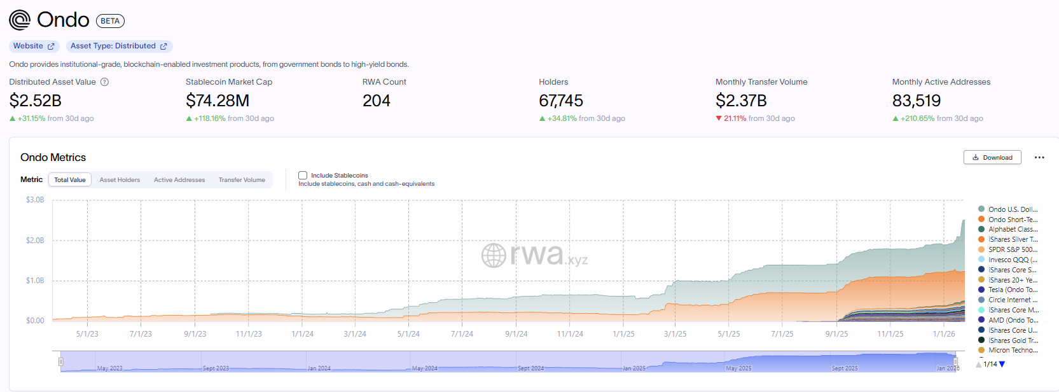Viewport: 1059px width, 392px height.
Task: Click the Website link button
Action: pos(34,46)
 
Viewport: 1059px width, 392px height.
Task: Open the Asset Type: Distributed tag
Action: pos(119,46)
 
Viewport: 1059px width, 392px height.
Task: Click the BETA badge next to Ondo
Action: pos(110,21)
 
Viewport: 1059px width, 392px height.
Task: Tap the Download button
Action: pos(992,157)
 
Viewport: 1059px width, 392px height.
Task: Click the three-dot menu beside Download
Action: pos(1039,157)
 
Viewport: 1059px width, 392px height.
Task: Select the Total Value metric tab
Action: pos(70,180)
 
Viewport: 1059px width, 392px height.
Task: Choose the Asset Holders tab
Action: pos(120,180)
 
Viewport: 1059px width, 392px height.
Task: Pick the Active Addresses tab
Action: pos(179,180)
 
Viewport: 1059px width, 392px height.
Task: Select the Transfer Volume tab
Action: pos(242,180)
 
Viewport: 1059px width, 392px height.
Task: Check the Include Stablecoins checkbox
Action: pos(303,176)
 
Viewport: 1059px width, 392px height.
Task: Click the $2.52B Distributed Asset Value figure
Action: pos(36,101)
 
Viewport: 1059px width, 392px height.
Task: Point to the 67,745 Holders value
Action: pos(560,101)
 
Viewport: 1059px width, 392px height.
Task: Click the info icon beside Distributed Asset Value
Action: pos(105,82)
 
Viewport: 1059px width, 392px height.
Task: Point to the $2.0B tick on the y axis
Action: pos(35,241)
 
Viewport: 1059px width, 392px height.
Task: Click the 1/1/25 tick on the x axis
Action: pos(623,334)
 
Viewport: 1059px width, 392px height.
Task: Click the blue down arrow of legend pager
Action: pos(1002,364)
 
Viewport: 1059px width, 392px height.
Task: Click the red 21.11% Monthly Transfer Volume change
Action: pos(735,118)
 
